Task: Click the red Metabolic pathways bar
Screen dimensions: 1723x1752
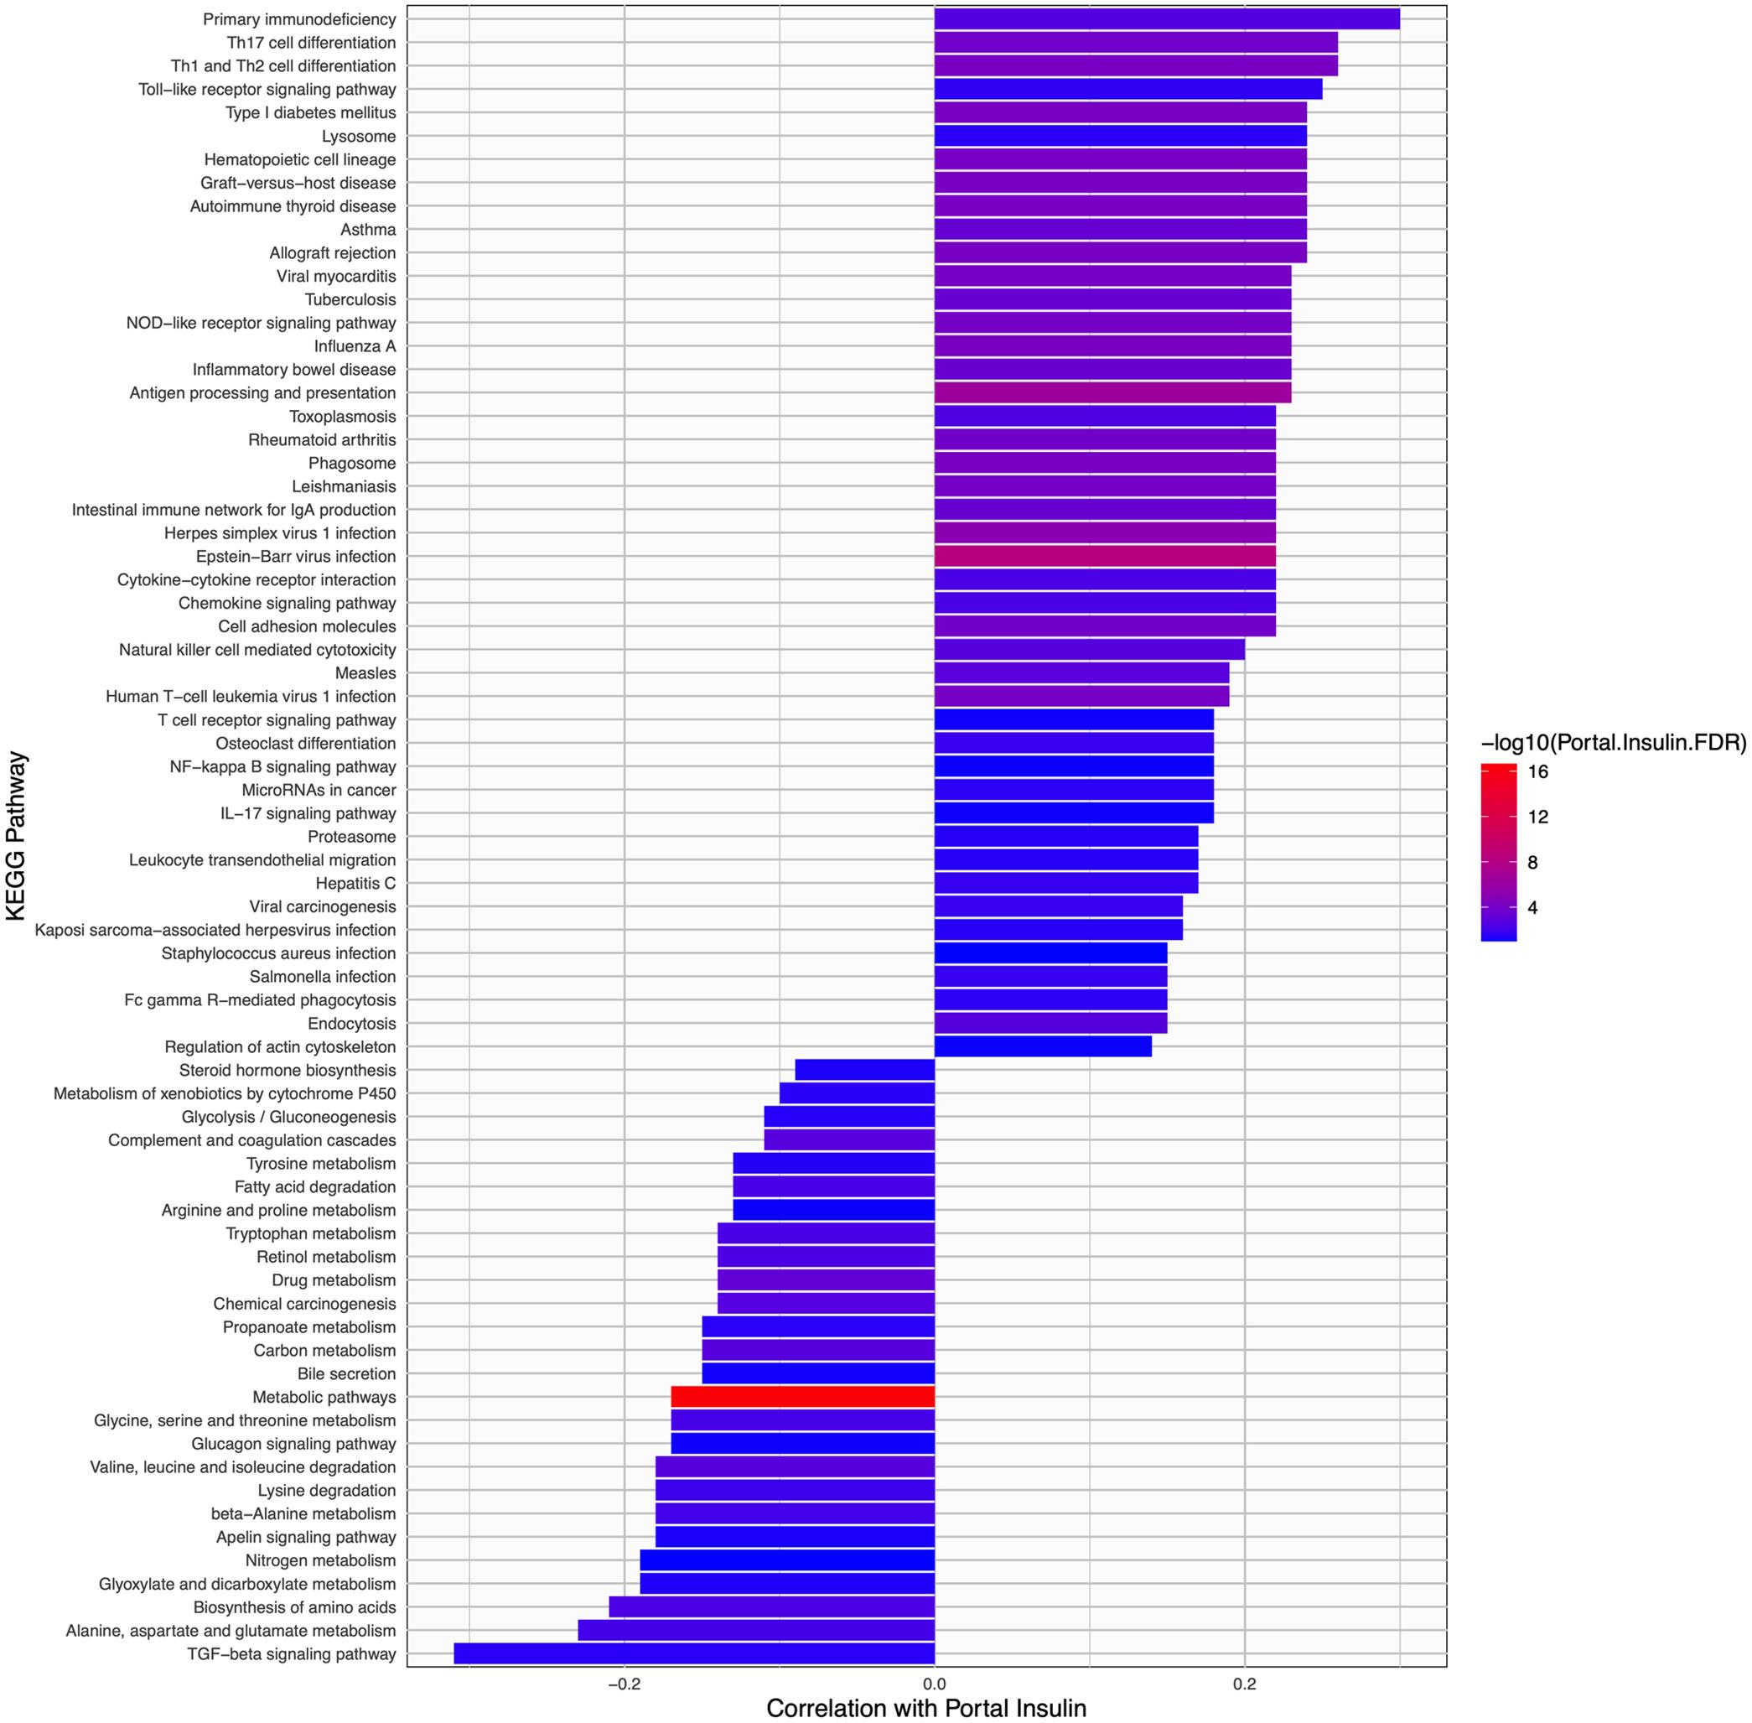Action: [803, 1396]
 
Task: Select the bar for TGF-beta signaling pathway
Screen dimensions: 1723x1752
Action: [694, 1653]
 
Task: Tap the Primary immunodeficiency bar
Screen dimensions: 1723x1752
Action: [1167, 19]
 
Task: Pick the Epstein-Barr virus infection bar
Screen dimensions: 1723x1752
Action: [1105, 556]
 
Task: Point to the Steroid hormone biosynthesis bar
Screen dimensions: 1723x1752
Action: [864, 1070]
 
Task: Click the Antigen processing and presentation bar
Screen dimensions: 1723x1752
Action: [1112, 392]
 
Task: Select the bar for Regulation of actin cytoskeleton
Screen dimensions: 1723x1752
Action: [1043, 1046]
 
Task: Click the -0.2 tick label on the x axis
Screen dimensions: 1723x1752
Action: [624, 1685]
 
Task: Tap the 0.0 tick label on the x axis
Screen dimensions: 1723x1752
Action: [934, 1685]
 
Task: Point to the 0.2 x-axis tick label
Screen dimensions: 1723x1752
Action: [1244, 1685]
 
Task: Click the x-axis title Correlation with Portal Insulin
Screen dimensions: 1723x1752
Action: [925, 1708]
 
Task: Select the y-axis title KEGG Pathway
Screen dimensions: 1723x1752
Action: [16, 836]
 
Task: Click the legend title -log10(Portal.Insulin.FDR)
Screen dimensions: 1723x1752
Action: [1613, 743]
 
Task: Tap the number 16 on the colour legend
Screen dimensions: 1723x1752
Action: [1538, 772]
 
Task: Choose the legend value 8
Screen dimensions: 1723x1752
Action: [1532, 863]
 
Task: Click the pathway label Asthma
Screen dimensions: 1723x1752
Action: [367, 230]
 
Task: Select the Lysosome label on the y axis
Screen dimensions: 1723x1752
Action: [359, 137]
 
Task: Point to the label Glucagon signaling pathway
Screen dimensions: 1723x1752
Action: [293, 1443]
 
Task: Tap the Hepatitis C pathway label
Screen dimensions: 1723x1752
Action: [355, 883]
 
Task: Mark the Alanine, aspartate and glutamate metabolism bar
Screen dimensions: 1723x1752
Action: [755, 1630]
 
